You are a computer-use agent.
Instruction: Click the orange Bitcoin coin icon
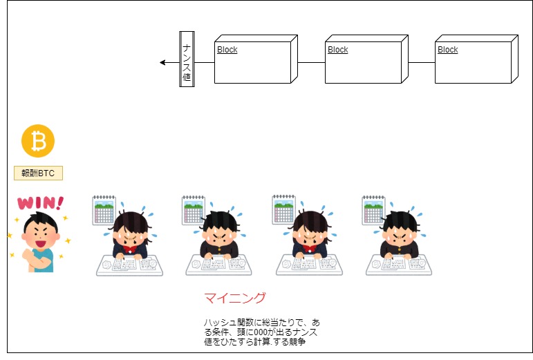click(38, 141)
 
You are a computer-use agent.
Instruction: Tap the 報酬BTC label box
click(39, 173)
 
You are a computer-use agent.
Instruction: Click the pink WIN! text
click(41, 203)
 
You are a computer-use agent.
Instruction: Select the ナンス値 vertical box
click(187, 59)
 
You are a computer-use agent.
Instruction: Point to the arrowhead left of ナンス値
click(162, 62)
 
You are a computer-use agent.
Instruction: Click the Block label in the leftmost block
click(227, 50)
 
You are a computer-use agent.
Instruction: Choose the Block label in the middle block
click(338, 50)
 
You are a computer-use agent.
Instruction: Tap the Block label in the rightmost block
click(448, 50)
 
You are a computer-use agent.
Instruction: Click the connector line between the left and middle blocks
click(311, 62)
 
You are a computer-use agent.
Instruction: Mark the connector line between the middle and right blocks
click(422, 62)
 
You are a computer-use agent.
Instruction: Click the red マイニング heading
click(235, 298)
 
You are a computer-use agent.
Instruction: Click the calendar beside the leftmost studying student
click(104, 210)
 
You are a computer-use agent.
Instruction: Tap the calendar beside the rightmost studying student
click(373, 210)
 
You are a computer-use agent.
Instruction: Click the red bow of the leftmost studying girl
click(129, 250)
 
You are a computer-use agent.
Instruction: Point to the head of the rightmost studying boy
click(400, 230)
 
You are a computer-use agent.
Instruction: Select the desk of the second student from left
click(219, 265)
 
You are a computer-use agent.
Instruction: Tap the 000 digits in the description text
click(261, 332)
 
